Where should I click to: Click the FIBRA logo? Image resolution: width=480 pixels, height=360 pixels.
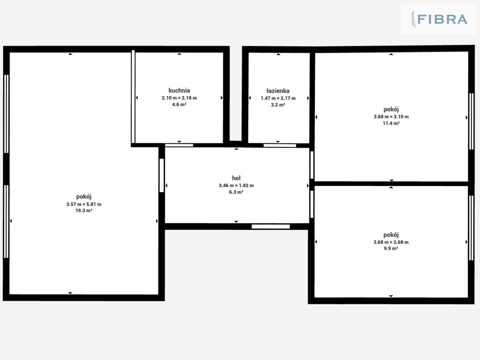[439, 19]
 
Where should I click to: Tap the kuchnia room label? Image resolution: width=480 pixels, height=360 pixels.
[179, 90]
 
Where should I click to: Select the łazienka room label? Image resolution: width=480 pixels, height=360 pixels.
[278, 90]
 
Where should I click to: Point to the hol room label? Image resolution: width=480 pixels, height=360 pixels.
[236, 178]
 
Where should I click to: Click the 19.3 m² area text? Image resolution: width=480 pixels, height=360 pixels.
[84, 210]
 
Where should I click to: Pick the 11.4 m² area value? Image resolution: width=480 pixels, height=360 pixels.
[391, 123]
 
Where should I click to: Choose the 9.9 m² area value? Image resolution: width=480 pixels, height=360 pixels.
[391, 249]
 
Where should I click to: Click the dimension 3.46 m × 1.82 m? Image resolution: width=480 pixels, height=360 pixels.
[236, 186]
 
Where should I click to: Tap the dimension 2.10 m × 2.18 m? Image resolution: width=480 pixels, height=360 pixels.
[179, 98]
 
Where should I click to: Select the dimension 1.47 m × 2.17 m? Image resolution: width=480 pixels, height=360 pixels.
[278, 98]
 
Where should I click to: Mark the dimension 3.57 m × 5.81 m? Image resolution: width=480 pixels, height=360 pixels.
[84, 204]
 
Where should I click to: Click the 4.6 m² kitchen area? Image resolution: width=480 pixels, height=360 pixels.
[179, 105]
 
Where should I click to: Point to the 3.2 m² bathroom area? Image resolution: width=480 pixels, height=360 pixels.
[278, 105]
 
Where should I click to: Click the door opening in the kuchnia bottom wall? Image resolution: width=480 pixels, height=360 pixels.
[179, 145]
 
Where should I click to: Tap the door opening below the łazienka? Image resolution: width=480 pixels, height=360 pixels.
[280, 145]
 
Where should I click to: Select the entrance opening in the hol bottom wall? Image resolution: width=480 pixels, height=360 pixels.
[271, 226]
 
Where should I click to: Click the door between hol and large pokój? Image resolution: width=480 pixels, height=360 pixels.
[162, 175]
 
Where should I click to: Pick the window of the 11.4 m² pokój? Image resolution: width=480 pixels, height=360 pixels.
[471, 121]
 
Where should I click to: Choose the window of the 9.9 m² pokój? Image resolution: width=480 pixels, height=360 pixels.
[471, 228]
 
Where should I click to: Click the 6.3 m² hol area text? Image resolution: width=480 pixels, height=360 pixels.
[236, 192]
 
